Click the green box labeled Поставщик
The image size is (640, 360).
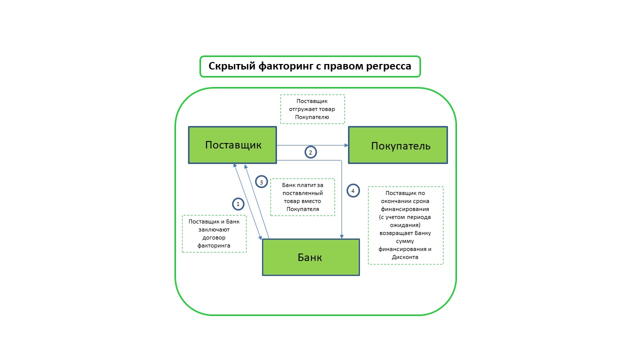coord(232,145)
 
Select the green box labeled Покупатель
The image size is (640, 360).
coord(398,145)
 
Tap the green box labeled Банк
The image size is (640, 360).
coord(310,257)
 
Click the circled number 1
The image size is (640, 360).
coord(238,204)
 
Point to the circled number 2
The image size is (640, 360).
coord(310,152)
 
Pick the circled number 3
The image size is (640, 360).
coord(261,182)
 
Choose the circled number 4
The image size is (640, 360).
coord(353,191)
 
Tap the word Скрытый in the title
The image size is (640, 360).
coord(231,66)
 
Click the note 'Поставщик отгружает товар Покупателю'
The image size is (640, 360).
coord(312,109)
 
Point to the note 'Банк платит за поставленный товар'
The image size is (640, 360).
coord(302,197)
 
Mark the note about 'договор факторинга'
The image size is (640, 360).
coord(214,233)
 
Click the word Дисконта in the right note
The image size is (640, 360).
coord(405,257)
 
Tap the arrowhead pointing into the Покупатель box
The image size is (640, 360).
coord(346,145)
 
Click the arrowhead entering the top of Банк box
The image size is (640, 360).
coord(341,236)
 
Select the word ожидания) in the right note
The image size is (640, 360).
coord(405,225)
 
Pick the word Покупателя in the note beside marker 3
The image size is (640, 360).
coord(302,209)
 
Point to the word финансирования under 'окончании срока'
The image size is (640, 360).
coord(405,209)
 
